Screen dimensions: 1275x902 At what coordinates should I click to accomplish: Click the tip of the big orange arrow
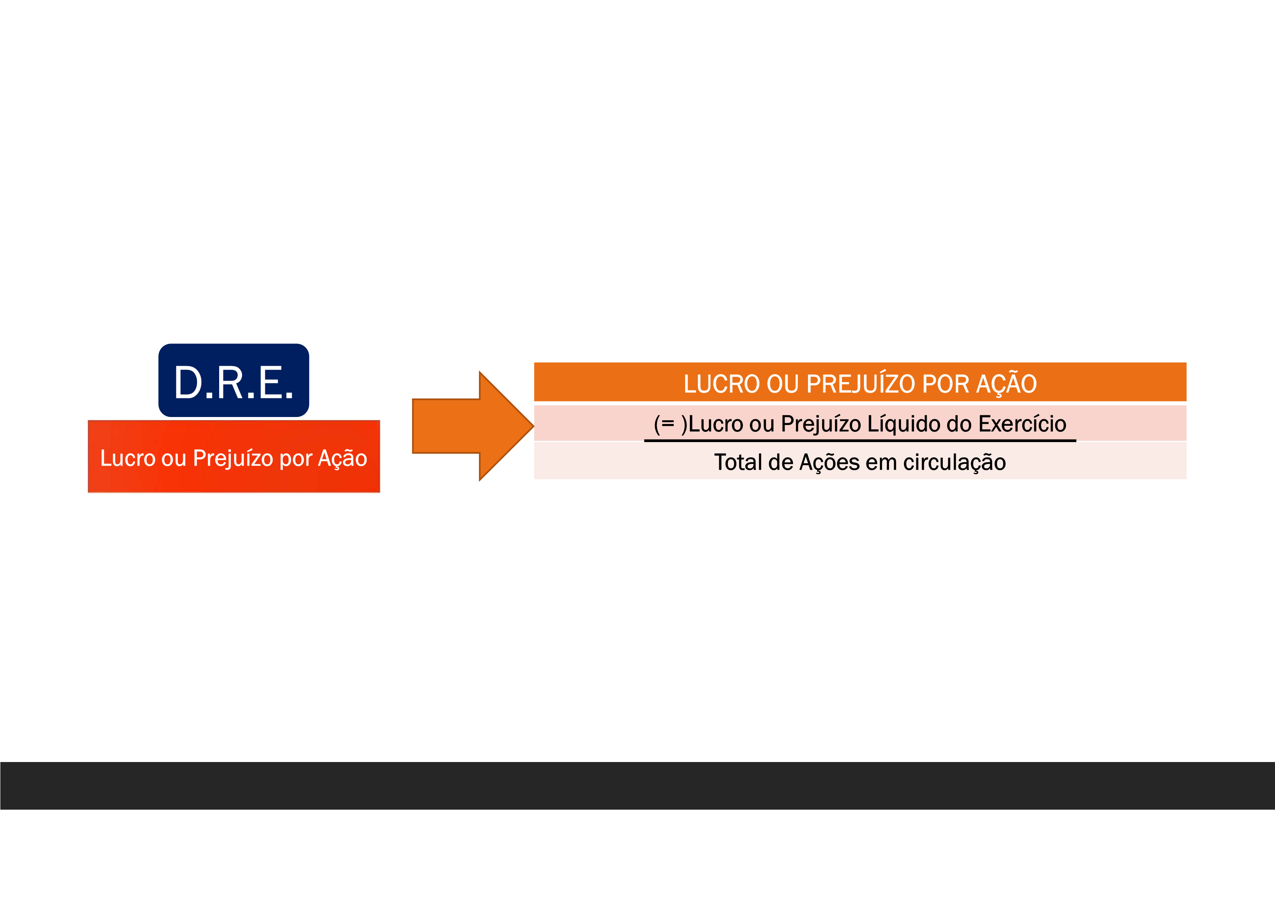[534, 426]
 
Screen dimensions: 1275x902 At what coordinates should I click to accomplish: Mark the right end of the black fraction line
[1075, 440]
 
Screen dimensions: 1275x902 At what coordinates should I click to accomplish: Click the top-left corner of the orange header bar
[534, 363]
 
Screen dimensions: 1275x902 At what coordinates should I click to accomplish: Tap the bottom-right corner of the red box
[380, 492]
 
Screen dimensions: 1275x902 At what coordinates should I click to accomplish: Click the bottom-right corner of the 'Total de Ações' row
[1186, 479]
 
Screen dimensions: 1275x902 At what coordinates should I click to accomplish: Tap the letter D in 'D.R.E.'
[188, 383]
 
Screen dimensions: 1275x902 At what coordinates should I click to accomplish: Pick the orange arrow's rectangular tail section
[446, 426]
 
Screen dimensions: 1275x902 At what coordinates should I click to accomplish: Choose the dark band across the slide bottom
[637, 785]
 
